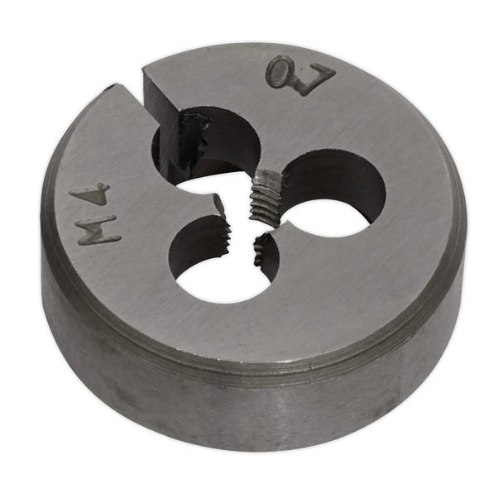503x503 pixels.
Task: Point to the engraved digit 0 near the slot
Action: coord(281,73)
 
